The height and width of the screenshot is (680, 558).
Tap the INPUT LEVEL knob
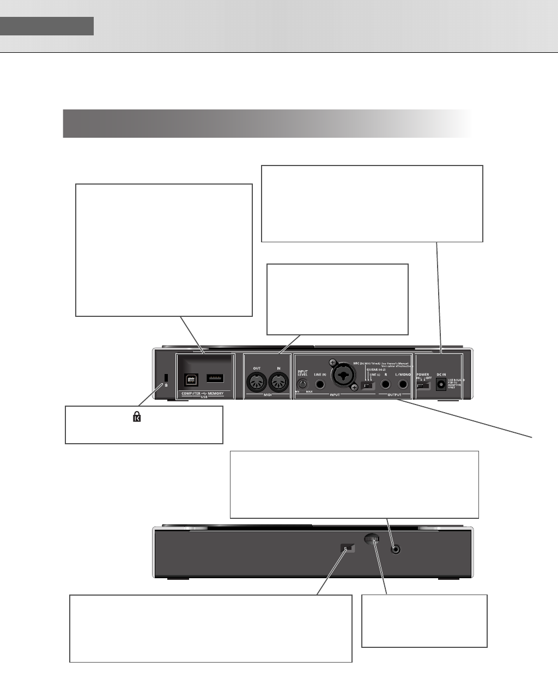click(x=302, y=384)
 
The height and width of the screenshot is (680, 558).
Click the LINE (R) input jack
click(x=320, y=384)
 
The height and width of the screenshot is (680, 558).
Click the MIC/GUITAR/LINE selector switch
click(x=369, y=385)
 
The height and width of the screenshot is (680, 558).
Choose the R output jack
click(x=386, y=385)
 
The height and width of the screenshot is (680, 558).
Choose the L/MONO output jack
click(x=403, y=385)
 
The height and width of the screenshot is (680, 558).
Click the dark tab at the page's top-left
click(x=47, y=26)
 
